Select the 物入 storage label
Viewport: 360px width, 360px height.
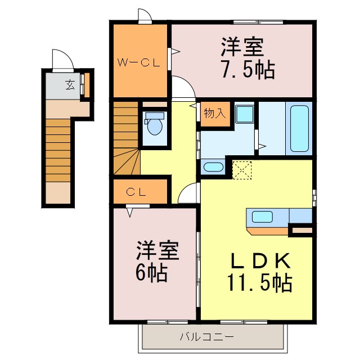click(x=214, y=112)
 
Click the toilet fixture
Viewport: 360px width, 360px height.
click(x=154, y=125)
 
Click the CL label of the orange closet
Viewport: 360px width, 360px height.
click(x=136, y=192)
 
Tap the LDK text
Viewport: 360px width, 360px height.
click(x=261, y=261)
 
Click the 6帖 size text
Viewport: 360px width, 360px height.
click(x=150, y=273)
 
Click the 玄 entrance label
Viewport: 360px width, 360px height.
click(x=69, y=85)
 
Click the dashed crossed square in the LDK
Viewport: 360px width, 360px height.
click(x=243, y=170)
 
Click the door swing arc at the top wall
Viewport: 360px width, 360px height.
click(x=145, y=16)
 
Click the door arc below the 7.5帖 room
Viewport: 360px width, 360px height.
click(x=183, y=89)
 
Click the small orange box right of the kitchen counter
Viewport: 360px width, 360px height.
click(x=301, y=229)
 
